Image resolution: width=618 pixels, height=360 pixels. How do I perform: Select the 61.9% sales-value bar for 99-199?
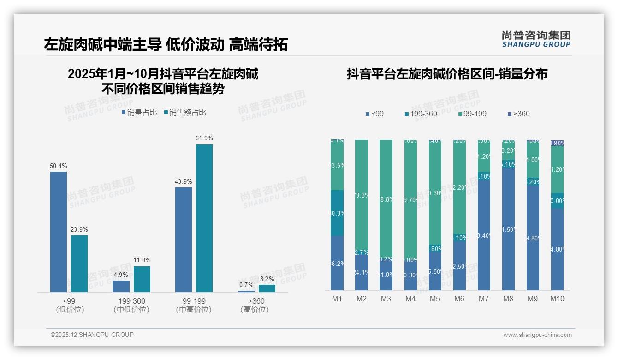click(x=204, y=218)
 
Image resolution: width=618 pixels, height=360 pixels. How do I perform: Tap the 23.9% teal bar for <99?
click(x=79, y=264)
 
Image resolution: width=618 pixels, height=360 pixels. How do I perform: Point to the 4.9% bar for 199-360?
click(x=121, y=286)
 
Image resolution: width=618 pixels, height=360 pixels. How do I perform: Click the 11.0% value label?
click(x=142, y=260)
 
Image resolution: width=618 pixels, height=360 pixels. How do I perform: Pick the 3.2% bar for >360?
click(x=267, y=288)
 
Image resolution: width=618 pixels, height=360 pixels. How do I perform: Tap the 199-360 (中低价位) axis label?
click(x=131, y=305)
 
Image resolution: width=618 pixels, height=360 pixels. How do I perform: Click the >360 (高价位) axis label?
click(x=254, y=305)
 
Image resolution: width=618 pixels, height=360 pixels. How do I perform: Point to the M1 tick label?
click(x=337, y=299)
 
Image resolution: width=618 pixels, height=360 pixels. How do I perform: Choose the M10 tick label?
click(x=557, y=299)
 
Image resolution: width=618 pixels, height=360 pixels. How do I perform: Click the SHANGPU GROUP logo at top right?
click(x=536, y=39)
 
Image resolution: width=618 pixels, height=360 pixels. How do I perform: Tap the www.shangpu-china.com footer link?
click(x=537, y=335)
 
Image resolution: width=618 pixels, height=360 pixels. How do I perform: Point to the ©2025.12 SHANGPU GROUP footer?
click(x=92, y=335)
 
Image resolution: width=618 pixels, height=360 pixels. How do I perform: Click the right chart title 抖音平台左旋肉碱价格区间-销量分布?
click(x=447, y=74)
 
